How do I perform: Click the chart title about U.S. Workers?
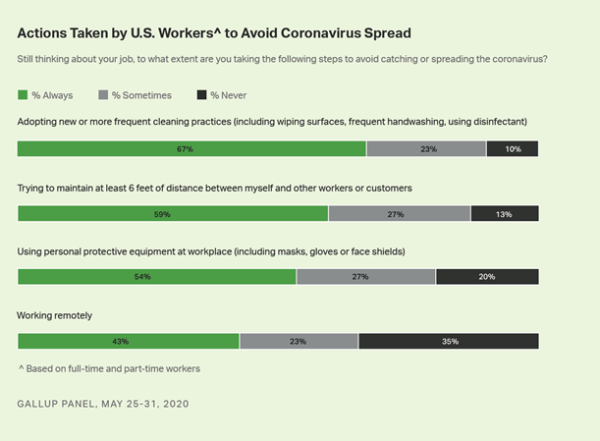click(199, 31)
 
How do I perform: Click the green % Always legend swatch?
click(24, 95)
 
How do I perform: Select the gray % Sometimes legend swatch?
click(104, 95)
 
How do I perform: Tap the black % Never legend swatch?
click(203, 95)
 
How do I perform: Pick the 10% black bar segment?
click(512, 149)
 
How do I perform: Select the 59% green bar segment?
click(173, 213)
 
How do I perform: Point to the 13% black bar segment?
click(505, 213)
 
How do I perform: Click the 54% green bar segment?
click(157, 277)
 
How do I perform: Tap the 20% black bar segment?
click(487, 277)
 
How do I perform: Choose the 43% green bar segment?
click(129, 341)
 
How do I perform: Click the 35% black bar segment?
click(448, 341)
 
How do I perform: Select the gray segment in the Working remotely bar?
click(299, 341)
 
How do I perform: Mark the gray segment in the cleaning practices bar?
click(426, 149)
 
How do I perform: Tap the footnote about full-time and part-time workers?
click(109, 368)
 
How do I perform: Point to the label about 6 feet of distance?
click(214, 187)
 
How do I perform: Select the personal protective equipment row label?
click(211, 251)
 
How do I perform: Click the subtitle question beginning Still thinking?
click(282, 59)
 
